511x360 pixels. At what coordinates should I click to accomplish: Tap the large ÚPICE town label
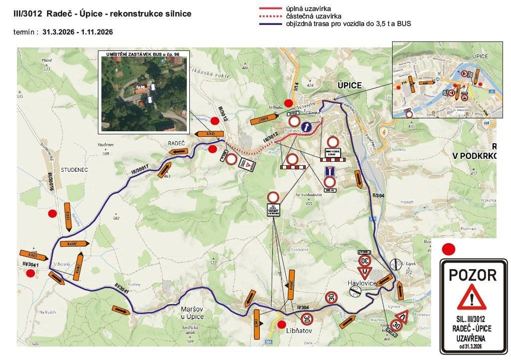[x=349, y=85]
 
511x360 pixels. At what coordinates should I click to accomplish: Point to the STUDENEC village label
[x=74, y=170]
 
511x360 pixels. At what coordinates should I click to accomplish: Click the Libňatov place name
[x=299, y=331]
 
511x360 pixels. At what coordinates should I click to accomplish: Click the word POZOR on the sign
[x=472, y=275]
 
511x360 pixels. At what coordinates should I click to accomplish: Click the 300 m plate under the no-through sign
[x=329, y=190]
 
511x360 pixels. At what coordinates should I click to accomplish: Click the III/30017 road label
[x=140, y=169]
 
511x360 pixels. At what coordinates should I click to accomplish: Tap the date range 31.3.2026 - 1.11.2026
[x=78, y=32]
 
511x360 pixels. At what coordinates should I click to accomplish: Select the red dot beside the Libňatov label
[x=281, y=325]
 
